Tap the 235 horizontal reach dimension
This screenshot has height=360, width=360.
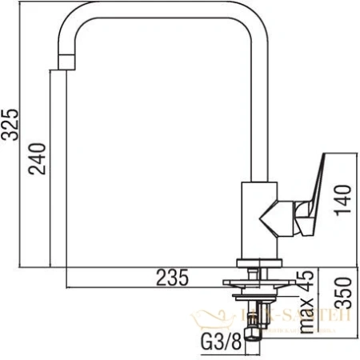pos(171,278)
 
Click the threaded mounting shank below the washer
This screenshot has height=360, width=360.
pos(256,308)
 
